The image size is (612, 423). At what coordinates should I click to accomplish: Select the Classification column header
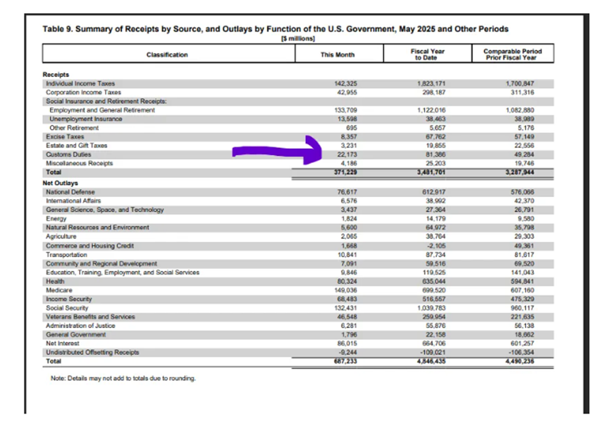click(167, 55)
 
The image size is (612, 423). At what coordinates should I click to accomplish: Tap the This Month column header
click(337, 55)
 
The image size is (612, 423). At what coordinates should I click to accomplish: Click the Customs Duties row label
click(69, 154)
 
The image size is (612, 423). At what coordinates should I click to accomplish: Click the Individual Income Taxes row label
click(80, 84)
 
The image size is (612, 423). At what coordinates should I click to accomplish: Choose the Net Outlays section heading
click(61, 183)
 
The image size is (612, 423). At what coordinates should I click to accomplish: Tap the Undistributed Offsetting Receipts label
click(92, 352)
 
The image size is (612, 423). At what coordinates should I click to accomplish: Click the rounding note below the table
click(123, 379)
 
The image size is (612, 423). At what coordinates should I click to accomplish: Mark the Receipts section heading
click(56, 75)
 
